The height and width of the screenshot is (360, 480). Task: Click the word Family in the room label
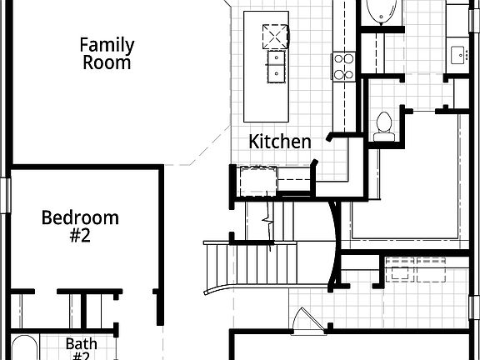[x=106, y=44]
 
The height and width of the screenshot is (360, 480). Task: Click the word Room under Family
[x=106, y=62]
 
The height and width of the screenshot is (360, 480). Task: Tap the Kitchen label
[x=280, y=142]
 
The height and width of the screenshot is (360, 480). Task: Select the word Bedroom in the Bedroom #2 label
[x=80, y=218]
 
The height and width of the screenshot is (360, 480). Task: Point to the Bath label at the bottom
[x=82, y=342]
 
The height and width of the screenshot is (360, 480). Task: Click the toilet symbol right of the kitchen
[x=383, y=124]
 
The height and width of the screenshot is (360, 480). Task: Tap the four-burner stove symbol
[x=343, y=65]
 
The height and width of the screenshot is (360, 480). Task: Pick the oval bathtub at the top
[x=382, y=12]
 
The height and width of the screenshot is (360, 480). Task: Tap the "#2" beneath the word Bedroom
[x=80, y=237]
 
